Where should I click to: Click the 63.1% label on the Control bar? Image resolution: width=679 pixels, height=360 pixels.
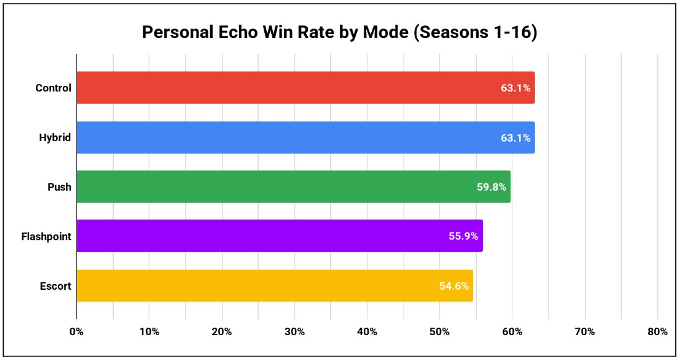[x=515, y=88]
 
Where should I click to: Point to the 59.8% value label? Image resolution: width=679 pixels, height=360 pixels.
[x=491, y=187]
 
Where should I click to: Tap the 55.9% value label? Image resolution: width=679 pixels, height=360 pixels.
[x=464, y=236]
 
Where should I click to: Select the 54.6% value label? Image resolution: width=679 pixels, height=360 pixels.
[x=454, y=286]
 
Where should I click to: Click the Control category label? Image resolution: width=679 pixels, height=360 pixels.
[x=53, y=88]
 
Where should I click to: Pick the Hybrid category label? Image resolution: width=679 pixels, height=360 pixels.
[x=55, y=137]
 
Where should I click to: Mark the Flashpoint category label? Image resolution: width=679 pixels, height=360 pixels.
[x=46, y=236]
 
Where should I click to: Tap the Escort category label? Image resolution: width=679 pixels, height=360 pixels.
[x=55, y=286]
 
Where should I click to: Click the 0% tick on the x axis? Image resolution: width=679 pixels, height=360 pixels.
[x=76, y=332]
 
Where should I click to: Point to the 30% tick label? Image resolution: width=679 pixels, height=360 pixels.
[x=294, y=332]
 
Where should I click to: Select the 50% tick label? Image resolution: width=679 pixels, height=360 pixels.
[x=440, y=332]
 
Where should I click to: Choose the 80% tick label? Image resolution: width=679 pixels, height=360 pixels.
[x=657, y=332]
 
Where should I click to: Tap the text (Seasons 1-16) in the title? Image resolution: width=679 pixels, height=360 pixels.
[x=474, y=32]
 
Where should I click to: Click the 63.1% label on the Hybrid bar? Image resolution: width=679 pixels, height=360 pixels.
[x=515, y=138]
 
